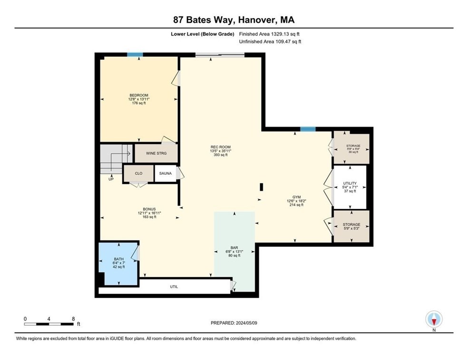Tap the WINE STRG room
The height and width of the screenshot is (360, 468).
click(x=156, y=153)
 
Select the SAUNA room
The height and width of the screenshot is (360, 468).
click(x=166, y=173)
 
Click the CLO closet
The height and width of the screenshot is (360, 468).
click(x=138, y=173)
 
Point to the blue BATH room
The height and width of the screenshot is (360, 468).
click(x=118, y=263)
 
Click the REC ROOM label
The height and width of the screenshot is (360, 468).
click(x=220, y=151)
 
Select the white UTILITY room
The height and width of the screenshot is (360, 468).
click(x=350, y=187)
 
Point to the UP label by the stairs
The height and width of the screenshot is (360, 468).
click(x=111, y=179)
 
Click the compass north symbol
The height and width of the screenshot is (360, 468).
click(x=434, y=319)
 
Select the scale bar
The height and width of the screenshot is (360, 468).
click(x=49, y=324)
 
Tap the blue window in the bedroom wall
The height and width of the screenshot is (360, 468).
click(x=135, y=54)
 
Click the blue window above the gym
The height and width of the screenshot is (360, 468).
click(x=308, y=129)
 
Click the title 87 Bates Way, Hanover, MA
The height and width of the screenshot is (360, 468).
click(x=234, y=19)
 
